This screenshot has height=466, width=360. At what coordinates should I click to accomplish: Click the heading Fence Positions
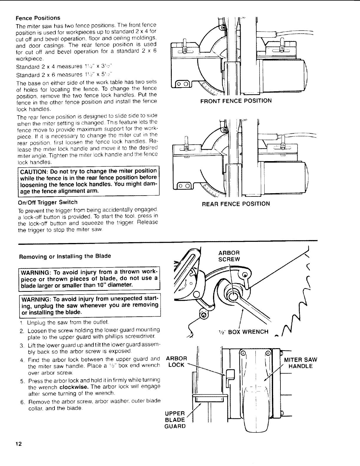[38, 18]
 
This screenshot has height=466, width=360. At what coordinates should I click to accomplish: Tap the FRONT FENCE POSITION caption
[236, 101]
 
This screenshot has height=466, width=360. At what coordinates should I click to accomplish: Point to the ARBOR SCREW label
[229, 256]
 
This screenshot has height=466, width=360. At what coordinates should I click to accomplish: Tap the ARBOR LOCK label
[177, 361]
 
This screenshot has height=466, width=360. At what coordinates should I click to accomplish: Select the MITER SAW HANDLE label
[300, 363]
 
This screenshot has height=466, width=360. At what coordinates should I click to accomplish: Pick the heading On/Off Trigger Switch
[48, 202]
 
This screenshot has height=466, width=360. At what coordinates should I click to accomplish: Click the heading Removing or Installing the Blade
[65, 256]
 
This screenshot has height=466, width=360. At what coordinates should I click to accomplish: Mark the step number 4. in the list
[22, 360]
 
